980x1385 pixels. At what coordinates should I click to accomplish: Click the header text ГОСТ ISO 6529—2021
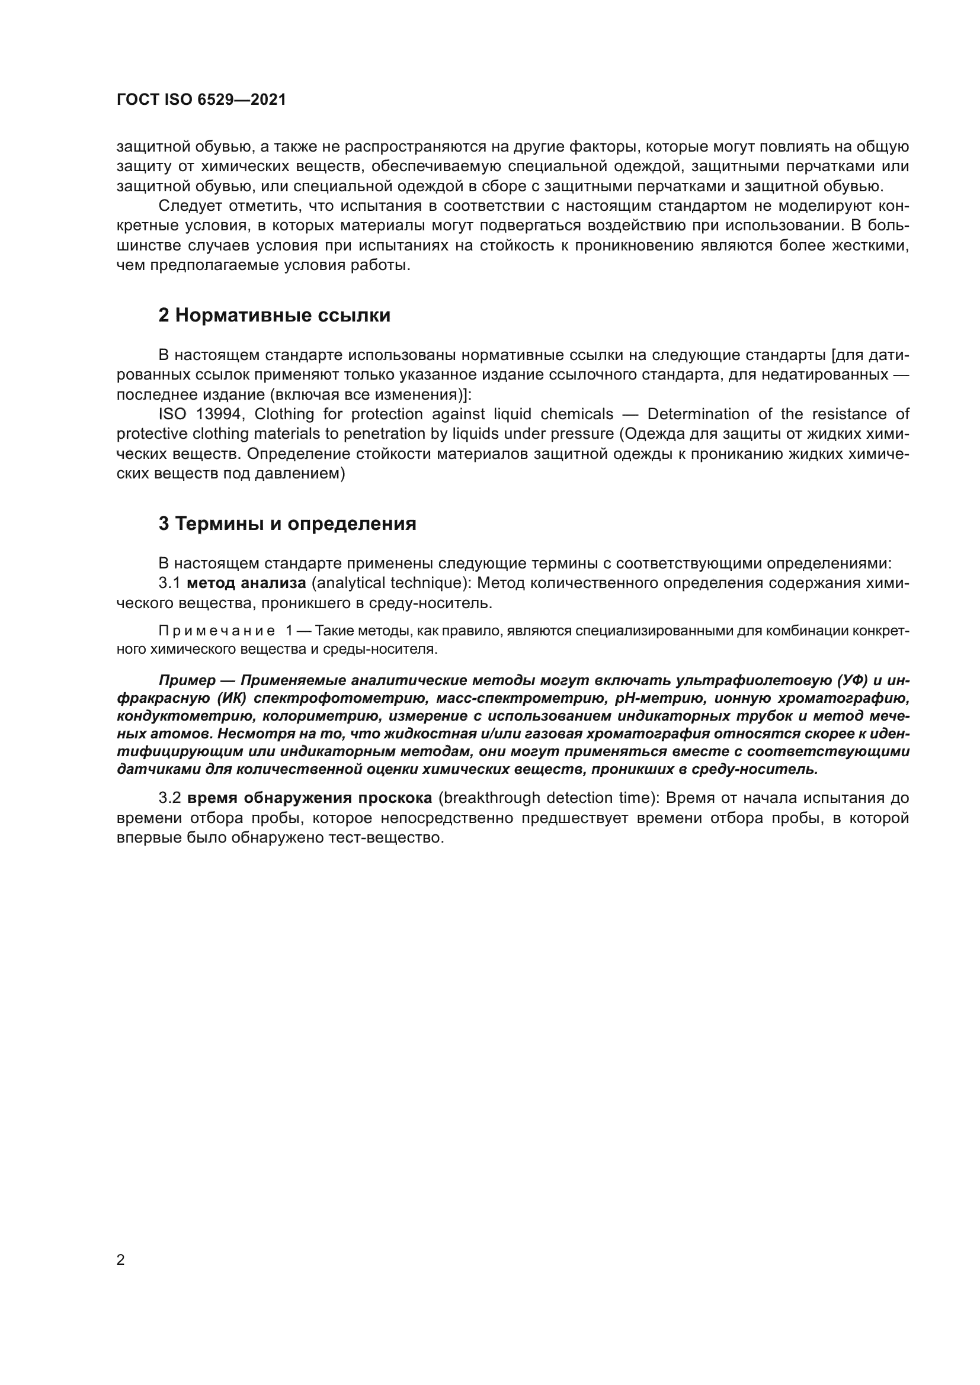(x=201, y=99)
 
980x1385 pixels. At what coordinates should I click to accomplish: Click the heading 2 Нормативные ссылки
(x=274, y=315)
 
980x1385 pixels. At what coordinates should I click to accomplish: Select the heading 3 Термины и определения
(x=287, y=523)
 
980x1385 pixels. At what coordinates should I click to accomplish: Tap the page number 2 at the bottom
(x=121, y=1259)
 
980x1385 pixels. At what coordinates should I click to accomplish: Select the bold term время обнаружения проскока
(x=309, y=798)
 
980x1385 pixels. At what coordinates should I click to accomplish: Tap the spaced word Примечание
(x=217, y=631)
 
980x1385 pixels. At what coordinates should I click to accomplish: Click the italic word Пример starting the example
(x=187, y=680)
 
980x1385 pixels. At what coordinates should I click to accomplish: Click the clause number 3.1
(x=169, y=583)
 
